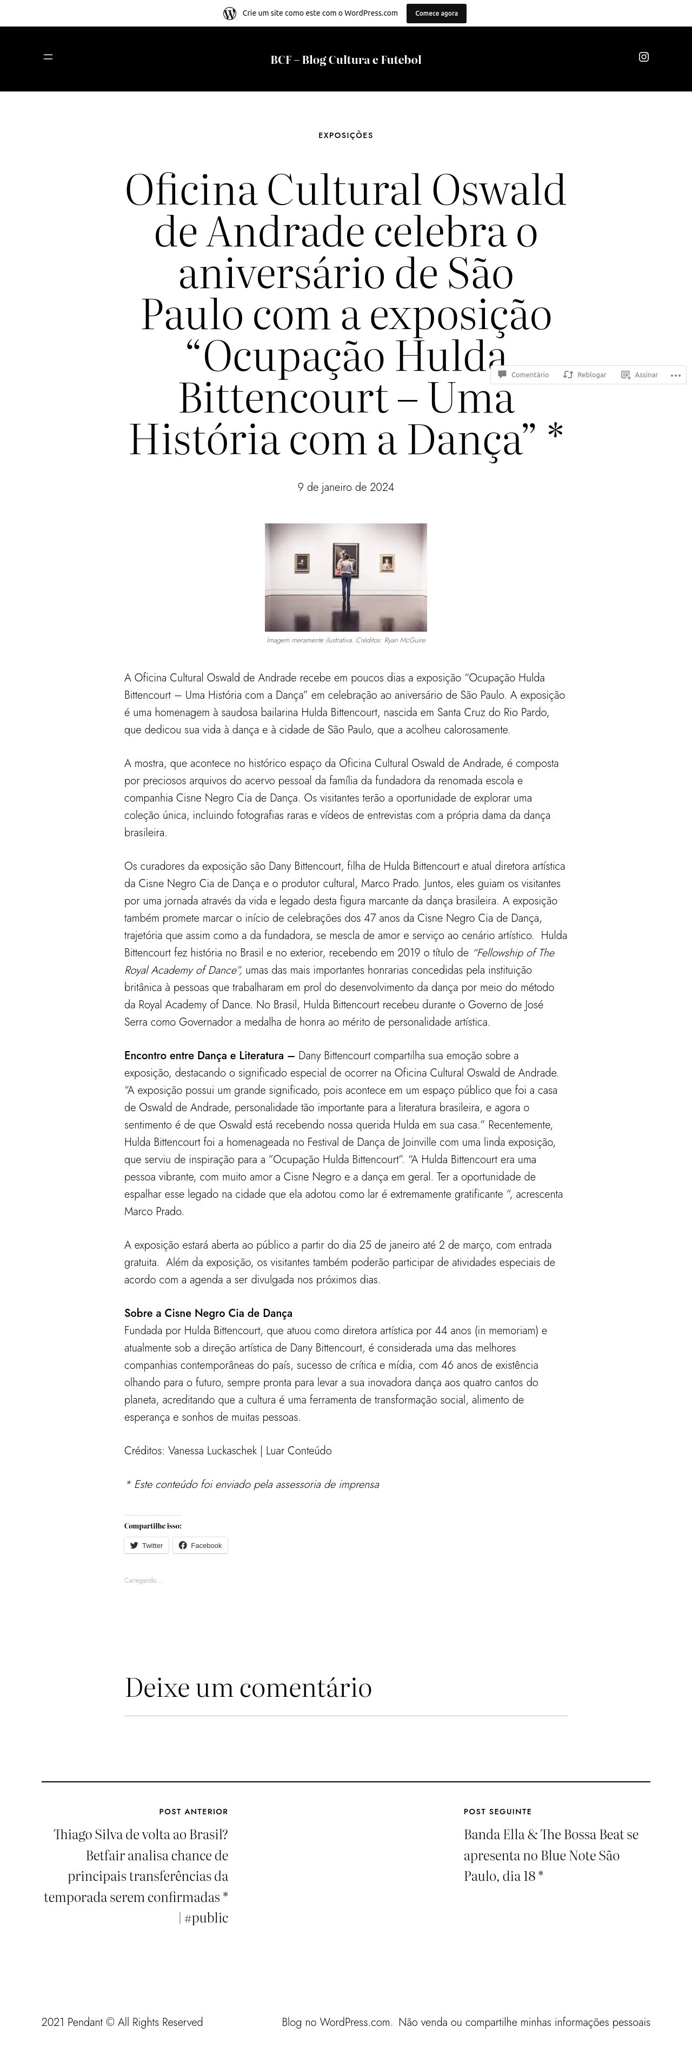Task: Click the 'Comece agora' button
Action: [436, 14]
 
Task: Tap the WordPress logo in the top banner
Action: [229, 14]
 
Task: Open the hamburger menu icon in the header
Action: [48, 57]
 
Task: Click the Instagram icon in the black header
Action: [643, 57]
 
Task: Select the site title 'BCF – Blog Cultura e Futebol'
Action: [345, 60]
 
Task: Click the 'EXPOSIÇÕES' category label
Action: [345, 135]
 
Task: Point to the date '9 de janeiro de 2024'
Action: [345, 487]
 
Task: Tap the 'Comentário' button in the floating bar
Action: [523, 375]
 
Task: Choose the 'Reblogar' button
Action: [585, 375]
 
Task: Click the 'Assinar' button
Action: [640, 375]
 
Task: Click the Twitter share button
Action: [147, 1545]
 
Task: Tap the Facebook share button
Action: [200, 1545]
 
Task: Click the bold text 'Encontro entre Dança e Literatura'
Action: [204, 1055]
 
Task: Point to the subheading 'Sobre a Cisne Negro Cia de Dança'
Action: [208, 1313]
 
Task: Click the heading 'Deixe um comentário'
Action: [248, 1687]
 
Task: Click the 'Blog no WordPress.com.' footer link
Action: [337, 2022]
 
